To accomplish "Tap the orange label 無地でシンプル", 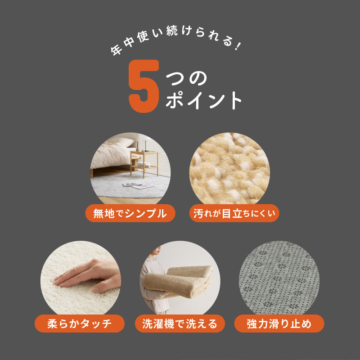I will pos(130,213).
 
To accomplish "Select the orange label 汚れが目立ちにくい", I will pos(234,213).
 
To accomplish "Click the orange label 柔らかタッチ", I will pos(79,323).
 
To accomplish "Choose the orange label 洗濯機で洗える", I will pos(180,323).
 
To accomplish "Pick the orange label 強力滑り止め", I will pos(279,323).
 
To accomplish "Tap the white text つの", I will pos(186,78).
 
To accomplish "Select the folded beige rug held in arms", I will pos(180,283).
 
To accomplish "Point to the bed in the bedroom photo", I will pos(110,157).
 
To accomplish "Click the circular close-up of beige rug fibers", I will pos(229,169).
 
